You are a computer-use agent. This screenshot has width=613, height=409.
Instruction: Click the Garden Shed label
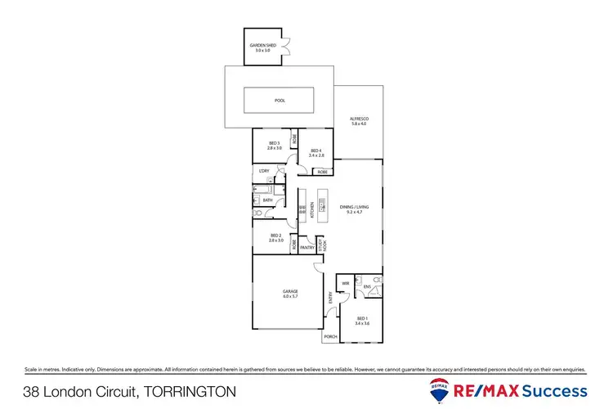262,48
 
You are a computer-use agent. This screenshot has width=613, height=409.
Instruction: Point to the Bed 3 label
275,146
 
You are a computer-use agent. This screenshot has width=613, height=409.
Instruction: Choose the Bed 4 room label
315,152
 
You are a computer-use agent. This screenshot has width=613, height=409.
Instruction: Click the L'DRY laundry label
264,171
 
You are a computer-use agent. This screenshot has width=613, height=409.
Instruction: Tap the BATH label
267,200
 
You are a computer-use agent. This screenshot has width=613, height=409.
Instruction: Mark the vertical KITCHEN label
311,210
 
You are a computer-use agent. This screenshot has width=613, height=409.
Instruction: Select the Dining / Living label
355,209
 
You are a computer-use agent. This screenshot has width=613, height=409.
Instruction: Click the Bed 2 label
275,238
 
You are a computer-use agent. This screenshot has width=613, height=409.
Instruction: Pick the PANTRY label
307,246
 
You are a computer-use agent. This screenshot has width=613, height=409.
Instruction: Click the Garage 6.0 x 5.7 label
290,293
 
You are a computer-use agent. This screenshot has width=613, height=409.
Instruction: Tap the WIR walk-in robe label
346,284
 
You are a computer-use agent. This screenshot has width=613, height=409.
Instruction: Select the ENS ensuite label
368,286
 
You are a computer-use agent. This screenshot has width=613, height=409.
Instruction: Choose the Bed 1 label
363,322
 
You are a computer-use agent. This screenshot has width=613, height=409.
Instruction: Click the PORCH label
331,336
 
